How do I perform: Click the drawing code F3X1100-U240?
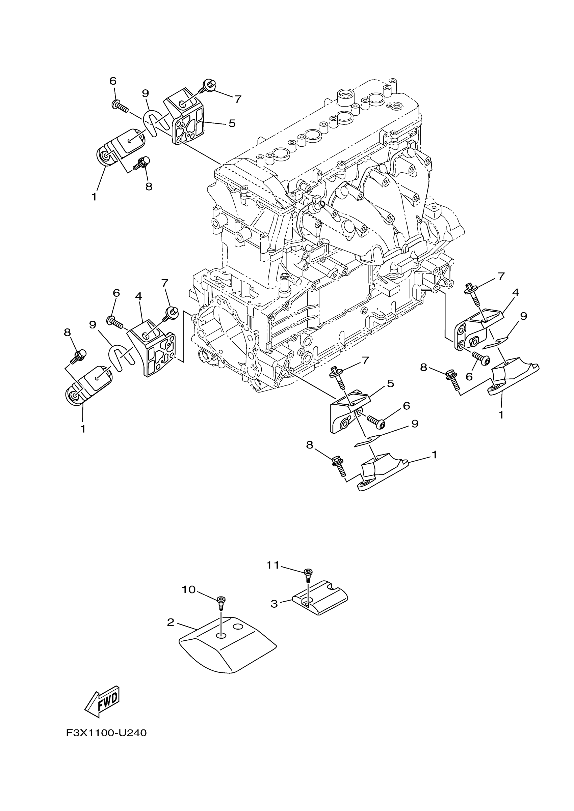106,733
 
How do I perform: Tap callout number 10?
188,589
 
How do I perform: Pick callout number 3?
274,604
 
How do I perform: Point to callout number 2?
171,622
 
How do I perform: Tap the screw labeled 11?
308,574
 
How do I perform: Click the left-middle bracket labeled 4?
152,348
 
